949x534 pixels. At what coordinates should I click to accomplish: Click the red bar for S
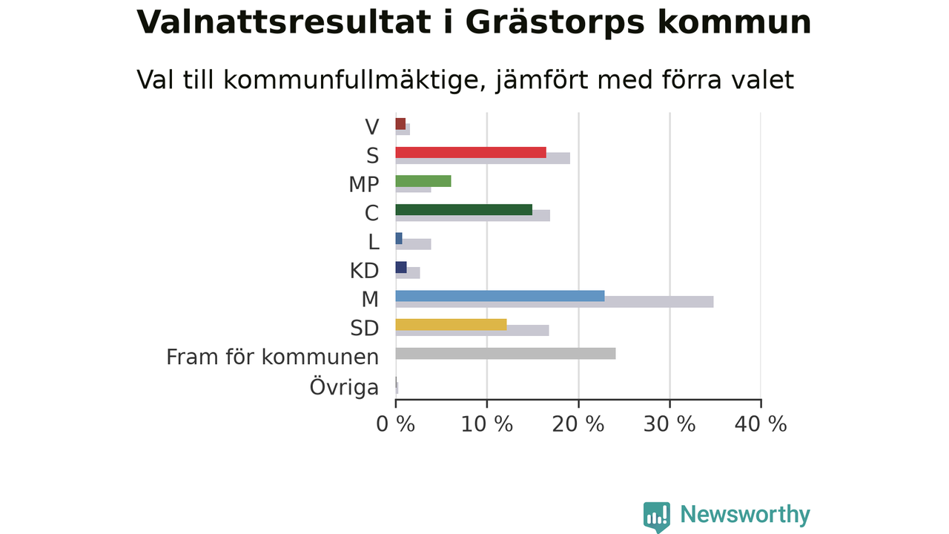click(471, 153)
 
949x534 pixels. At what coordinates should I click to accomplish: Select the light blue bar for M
click(500, 296)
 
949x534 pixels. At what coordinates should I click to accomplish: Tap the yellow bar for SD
click(452, 325)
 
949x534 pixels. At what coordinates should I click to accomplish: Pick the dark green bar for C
click(464, 210)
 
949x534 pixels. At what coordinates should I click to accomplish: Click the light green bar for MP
click(423, 181)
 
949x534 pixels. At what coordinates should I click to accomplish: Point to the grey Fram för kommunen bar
click(506, 354)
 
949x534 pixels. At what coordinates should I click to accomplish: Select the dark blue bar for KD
click(401, 268)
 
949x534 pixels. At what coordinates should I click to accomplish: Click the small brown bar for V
click(400, 124)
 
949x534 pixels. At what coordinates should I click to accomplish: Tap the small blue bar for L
click(399, 239)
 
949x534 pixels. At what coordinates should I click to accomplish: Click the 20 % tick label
click(578, 424)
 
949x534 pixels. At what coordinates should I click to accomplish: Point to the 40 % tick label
click(761, 424)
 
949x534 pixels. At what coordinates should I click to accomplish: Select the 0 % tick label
click(396, 424)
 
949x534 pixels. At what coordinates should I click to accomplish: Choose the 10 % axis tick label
click(487, 424)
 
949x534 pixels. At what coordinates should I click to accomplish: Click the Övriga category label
click(344, 387)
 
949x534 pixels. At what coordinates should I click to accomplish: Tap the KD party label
click(364, 271)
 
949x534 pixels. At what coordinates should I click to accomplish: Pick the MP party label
click(364, 185)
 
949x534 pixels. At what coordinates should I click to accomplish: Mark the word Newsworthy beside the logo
click(745, 515)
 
